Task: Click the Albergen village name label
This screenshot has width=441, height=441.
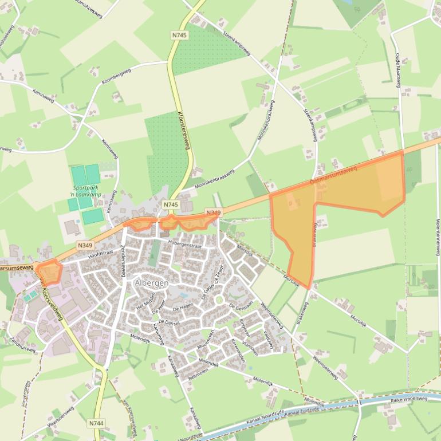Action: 151,283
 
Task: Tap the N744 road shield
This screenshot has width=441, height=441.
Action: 96,423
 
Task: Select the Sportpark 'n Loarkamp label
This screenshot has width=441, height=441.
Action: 86,191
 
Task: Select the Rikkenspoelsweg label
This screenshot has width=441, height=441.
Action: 406,399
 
